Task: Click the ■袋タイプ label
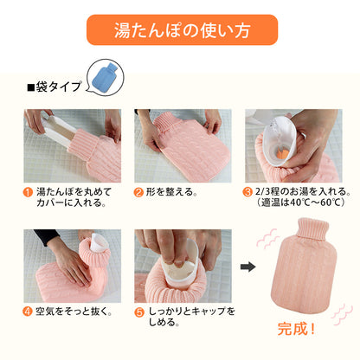click(x=54, y=87)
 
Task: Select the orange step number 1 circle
click(x=29, y=191)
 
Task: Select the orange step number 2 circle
click(x=139, y=191)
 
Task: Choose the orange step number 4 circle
click(x=29, y=310)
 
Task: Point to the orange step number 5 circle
click(x=139, y=310)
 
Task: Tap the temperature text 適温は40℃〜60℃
click(x=299, y=204)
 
